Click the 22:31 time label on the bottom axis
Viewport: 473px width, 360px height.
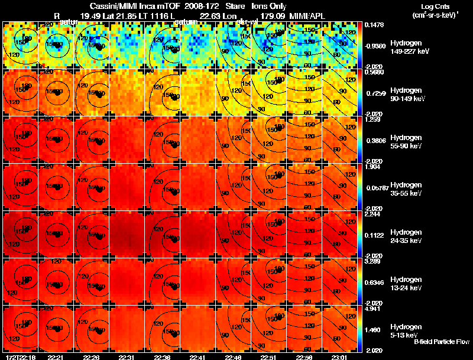[x=128, y=357]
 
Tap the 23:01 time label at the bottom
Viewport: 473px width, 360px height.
[x=339, y=357]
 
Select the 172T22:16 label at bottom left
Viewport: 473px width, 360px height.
[x=20, y=357]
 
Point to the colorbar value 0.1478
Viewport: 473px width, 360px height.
[x=372, y=25]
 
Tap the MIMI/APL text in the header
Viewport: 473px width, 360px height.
[x=306, y=15]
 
